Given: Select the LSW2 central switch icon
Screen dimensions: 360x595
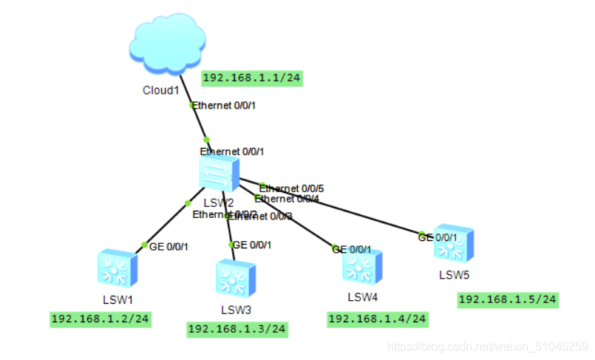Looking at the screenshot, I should (x=219, y=171).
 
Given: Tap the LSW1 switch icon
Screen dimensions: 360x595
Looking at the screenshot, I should (x=117, y=269).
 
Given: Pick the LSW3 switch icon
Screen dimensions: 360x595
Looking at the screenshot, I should (x=236, y=279).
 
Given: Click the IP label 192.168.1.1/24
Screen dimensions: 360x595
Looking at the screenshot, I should (x=253, y=78).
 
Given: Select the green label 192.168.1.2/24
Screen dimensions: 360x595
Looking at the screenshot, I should (x=101, y=319).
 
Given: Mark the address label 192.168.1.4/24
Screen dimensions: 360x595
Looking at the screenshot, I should (x=378, y=319).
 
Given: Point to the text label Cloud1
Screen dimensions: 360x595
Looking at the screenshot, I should (x=161, y=90).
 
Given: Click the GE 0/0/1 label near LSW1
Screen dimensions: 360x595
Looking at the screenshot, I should (x=169, y=247).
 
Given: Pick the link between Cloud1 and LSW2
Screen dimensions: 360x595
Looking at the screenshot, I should (x=200, y=123).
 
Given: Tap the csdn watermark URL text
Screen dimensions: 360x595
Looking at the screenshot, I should (x=488, y=346).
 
